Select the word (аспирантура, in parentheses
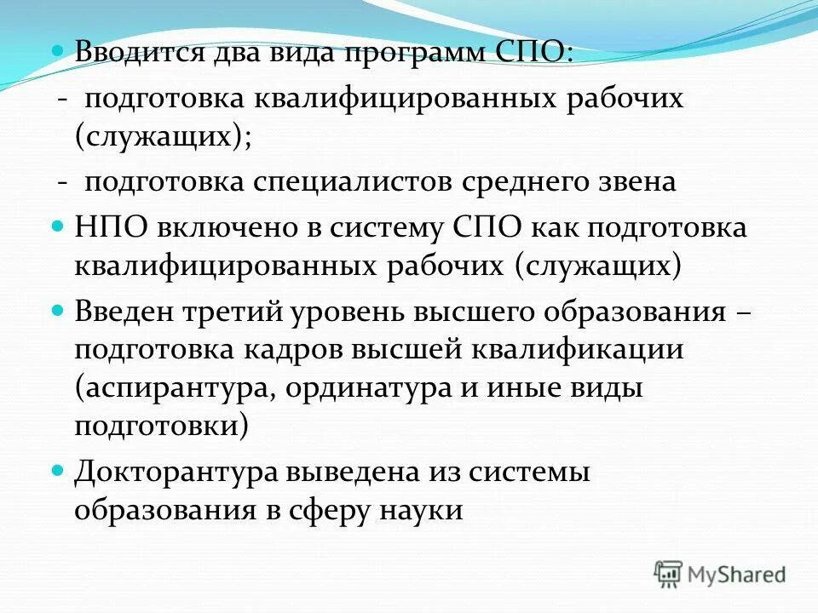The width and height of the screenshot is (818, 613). (176, 387)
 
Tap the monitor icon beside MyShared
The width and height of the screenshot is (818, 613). (668, 574)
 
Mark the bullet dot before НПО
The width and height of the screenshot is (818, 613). (58, 226)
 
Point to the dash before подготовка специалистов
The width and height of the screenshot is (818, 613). (63, 182)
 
